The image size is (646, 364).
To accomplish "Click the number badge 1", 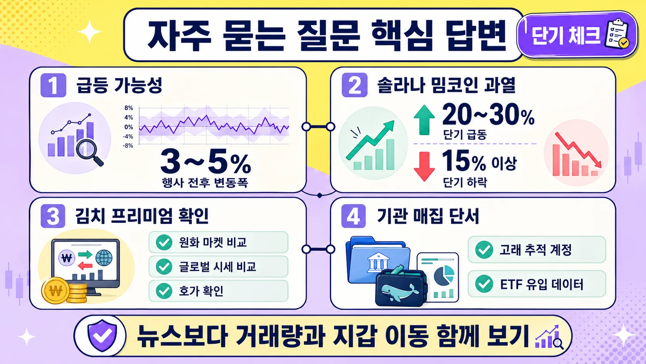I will pos(53,85).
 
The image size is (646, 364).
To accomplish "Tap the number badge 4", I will pos(353,216).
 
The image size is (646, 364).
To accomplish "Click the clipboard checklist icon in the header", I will pos(617,35).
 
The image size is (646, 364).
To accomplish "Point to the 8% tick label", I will pos(129,108).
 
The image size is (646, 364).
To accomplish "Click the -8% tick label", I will pos(128,146).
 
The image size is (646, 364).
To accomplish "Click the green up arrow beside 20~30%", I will pos(424,120).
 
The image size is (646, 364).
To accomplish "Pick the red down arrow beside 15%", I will pos(424,166).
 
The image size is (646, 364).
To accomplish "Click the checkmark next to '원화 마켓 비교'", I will pos(164,243).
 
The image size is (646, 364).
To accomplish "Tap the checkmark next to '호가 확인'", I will pos(164,291).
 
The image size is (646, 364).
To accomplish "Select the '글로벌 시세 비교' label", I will pos(217,267).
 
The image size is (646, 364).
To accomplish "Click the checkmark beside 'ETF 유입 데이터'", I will pos(484,284).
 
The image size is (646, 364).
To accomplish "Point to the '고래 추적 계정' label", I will pos(535,250).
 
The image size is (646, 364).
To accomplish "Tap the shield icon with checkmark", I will pos(102,335).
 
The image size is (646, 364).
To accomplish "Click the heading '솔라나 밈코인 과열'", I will pos(446,85).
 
